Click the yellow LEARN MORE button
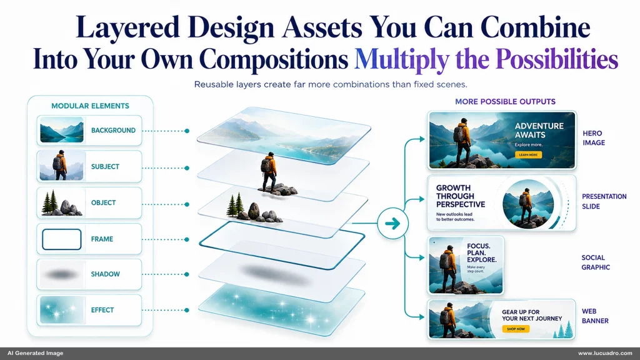[x=528, y=155]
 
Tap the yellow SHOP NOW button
[x=516, y=329]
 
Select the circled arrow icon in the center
[x=392, y=223]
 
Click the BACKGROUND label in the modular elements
[x=113, y=130]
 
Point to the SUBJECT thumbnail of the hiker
[x=62, y=166]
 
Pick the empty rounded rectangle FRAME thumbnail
[x=62, y=239]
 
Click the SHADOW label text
[x=105, y=274]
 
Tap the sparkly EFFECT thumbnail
[x=62, y=310]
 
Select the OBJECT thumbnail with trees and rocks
[x=62, y=203]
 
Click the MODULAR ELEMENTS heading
[x=90, y=106]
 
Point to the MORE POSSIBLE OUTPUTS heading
[x=505, y=102]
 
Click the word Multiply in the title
[x=402, y=59]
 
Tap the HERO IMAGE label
[x=594, y=138]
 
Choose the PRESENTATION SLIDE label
[x=598, y=201]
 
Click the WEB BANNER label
[x=595, y=316]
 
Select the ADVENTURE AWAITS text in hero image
[x=539, y=130]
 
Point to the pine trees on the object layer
[x=235, y=204]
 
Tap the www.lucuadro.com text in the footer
[x=605, y=353]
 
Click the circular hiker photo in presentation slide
[x=528, y=204]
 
